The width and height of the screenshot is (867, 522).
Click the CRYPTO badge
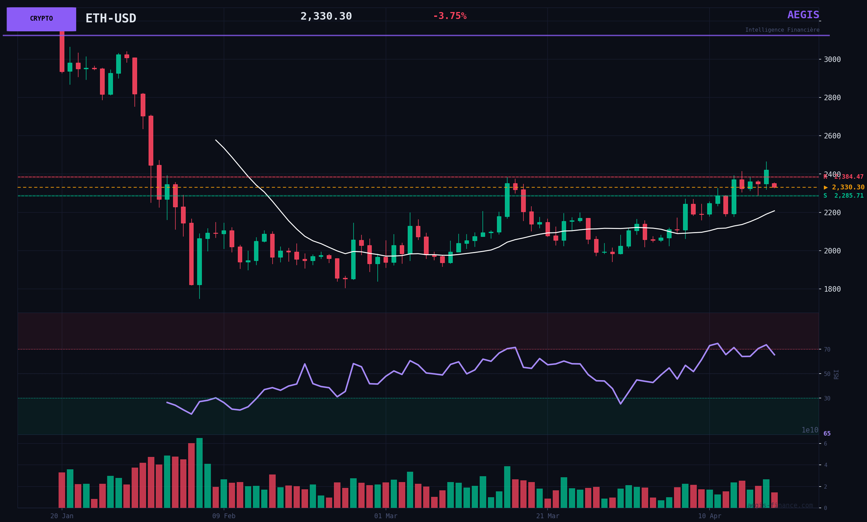[41, 19]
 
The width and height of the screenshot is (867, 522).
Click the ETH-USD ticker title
[111, 18]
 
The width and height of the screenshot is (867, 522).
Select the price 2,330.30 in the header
[326, 17]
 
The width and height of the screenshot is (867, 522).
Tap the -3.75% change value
[449, 16]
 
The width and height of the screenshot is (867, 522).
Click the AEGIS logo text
[803, 15]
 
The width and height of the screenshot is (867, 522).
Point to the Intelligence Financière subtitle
[782, 30]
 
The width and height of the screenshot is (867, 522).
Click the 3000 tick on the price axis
[832, 60]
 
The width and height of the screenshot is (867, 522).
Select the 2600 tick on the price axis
[832, 136]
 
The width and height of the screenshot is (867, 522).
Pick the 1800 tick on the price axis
[832, 289]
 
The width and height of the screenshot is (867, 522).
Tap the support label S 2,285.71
[843, 196]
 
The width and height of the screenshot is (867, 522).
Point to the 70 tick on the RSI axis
[827, 349]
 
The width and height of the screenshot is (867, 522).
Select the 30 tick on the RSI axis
[827, 398]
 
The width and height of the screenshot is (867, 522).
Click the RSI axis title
[836, 374]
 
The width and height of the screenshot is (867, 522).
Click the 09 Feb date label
[224, 516]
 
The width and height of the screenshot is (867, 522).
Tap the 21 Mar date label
[548, 516]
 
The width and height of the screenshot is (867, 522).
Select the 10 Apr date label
[710, 516]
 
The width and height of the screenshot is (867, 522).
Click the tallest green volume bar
[200, 473]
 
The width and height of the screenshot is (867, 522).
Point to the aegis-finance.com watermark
[780, 505]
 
